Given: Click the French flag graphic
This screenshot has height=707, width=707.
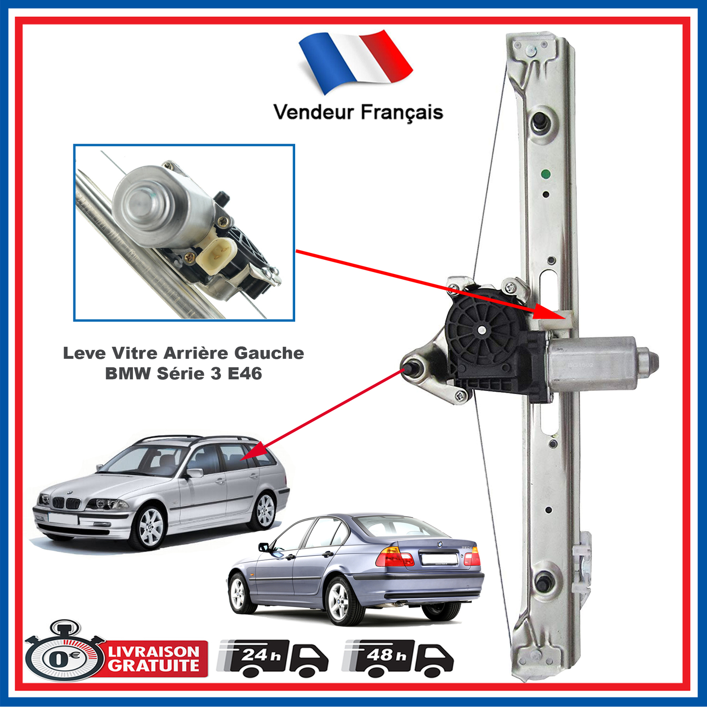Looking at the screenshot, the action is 356,61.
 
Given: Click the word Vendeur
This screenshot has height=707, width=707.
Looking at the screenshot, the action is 314,112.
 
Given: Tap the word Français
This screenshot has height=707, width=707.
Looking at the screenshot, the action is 402,113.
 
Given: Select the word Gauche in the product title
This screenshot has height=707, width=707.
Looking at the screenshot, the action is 269,353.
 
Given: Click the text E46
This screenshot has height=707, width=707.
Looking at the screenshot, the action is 245,374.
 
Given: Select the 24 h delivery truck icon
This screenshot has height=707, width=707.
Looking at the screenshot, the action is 273,658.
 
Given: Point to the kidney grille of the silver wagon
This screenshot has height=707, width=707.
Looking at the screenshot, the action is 66,503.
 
